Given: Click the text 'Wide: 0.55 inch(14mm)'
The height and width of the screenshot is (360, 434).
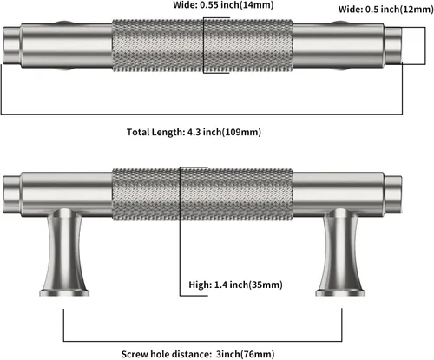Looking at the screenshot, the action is click(223, 5).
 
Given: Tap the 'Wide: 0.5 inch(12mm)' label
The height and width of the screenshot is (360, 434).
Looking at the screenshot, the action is click(386, 10).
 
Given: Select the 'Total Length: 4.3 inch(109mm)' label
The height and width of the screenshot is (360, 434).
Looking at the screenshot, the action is click(194, 132).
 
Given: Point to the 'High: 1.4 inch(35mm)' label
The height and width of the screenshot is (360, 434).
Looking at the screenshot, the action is click(235, 285).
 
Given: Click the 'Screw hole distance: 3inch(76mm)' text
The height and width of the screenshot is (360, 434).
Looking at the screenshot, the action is click(198, 354).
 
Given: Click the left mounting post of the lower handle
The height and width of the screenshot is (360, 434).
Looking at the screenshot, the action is click(64, 252).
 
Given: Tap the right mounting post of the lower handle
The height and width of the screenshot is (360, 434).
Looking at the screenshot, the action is click(340, 252).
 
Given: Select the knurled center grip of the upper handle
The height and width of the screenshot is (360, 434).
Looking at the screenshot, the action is click(202, 45).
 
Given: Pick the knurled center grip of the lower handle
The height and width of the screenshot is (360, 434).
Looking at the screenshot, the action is click(202, 194).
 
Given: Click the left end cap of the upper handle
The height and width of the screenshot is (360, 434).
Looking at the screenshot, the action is click(12, 45).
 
